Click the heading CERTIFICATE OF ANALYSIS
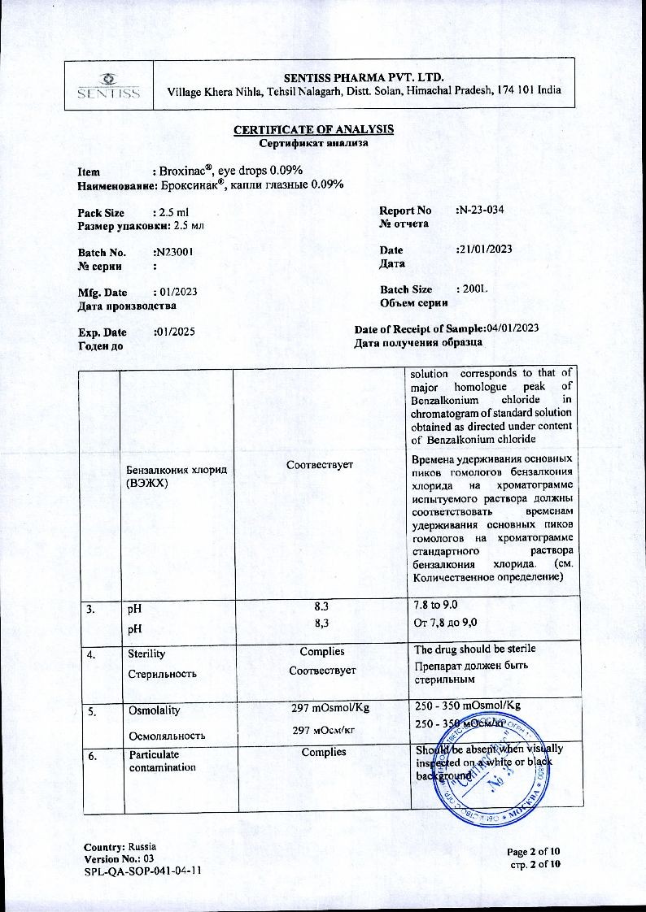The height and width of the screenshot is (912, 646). point(314,130)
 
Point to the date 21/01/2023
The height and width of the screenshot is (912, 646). point(486,250)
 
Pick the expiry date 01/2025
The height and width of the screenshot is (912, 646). point(175,332)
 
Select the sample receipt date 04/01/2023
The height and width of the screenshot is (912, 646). point(513,328)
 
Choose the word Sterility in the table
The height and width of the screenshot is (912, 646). point(146,653)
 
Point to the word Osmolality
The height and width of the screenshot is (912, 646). point(153,709)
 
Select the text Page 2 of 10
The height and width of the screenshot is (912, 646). point(534,851)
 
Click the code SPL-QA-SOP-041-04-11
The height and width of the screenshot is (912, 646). point(142,871)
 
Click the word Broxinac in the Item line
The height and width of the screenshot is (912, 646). point(186,171)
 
